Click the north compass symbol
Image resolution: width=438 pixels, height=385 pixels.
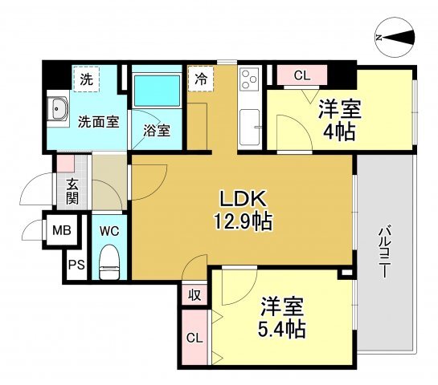tap(395, 38)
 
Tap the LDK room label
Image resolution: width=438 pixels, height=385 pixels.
tap(243, 199)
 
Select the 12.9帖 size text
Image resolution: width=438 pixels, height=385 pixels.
tap(243, 221)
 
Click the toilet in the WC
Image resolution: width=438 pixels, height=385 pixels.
tap(109, 261)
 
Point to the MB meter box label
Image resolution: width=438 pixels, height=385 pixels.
tap(62, 230)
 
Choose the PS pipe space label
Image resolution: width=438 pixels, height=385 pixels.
tap(76, 265)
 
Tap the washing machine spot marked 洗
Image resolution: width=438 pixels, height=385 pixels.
tap(86, 79)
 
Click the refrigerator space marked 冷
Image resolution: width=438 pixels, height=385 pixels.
tap(201, 79)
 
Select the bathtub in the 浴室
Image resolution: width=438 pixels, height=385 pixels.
tap(157, 90)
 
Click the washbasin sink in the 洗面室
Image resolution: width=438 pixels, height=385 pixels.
tap(57, 109)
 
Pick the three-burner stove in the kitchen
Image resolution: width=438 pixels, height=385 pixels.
tap(249, 79)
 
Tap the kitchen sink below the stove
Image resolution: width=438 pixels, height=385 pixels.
tap(250, 127)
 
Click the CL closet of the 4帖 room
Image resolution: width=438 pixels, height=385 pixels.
tap(302, 75)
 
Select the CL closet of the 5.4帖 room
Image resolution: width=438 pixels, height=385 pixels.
tap(194, 338)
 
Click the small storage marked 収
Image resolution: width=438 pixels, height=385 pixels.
tap(194, 294)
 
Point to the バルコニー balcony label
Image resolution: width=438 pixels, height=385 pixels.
tap(384, 252)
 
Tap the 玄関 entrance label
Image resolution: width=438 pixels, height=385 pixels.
tap(72, 191)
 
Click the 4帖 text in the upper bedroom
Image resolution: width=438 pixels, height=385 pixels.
tap(339, 132)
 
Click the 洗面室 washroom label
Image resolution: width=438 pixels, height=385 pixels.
tap(99, 122)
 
